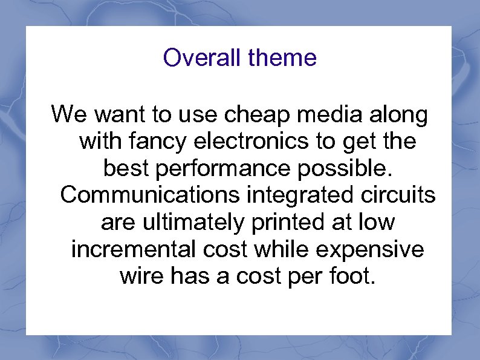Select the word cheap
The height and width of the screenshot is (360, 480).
(x=266, y=114)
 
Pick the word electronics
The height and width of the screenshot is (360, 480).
(x=253, y=142)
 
